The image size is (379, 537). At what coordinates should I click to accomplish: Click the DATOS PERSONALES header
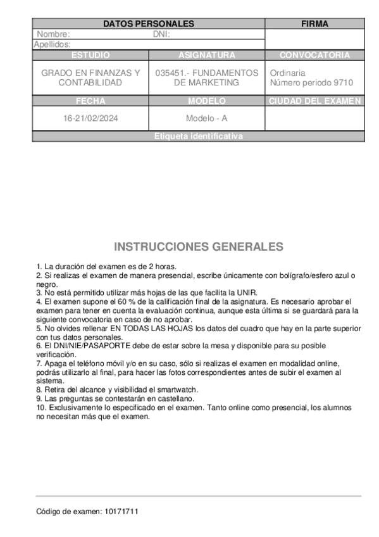[148, 24]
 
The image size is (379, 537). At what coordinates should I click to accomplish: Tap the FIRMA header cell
[314, 24]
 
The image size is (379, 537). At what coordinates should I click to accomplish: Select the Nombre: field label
[53, 34]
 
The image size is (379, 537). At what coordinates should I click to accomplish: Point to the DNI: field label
[161, 34]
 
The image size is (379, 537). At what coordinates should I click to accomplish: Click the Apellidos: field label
[52, 44]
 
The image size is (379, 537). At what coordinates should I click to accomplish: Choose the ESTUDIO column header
[90, 55]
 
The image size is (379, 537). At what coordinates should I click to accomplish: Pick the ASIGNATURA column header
[206, 55]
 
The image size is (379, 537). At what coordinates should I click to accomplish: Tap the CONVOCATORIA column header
[314, 55]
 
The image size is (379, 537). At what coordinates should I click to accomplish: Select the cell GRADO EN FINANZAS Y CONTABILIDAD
[90, 78]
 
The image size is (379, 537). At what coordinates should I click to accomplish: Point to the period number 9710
[342, 83]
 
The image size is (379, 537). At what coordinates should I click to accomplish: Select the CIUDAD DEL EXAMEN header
[314, 101]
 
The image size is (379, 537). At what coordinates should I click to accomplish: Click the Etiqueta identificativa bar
[198, 136]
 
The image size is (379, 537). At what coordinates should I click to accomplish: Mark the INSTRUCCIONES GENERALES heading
[198, 246]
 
